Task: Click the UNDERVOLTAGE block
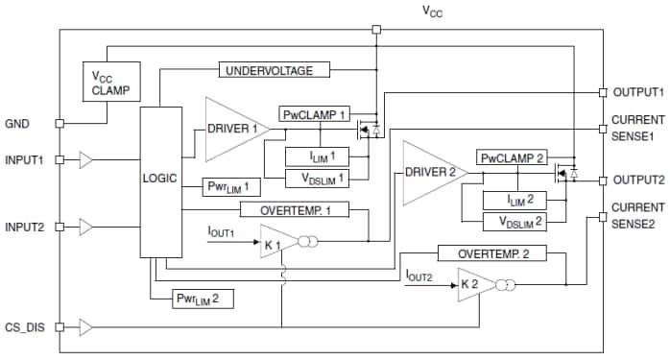[x=275, y=70]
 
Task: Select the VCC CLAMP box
[x=111, y=84]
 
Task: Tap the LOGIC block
[x=159, y=180]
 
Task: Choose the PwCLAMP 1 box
[x=315, y=114]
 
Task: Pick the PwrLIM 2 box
[x=203, y=299]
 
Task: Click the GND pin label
[x=19, y=123]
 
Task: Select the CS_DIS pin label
[x=24, y=327]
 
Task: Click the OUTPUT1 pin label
[x=637, y=92]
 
